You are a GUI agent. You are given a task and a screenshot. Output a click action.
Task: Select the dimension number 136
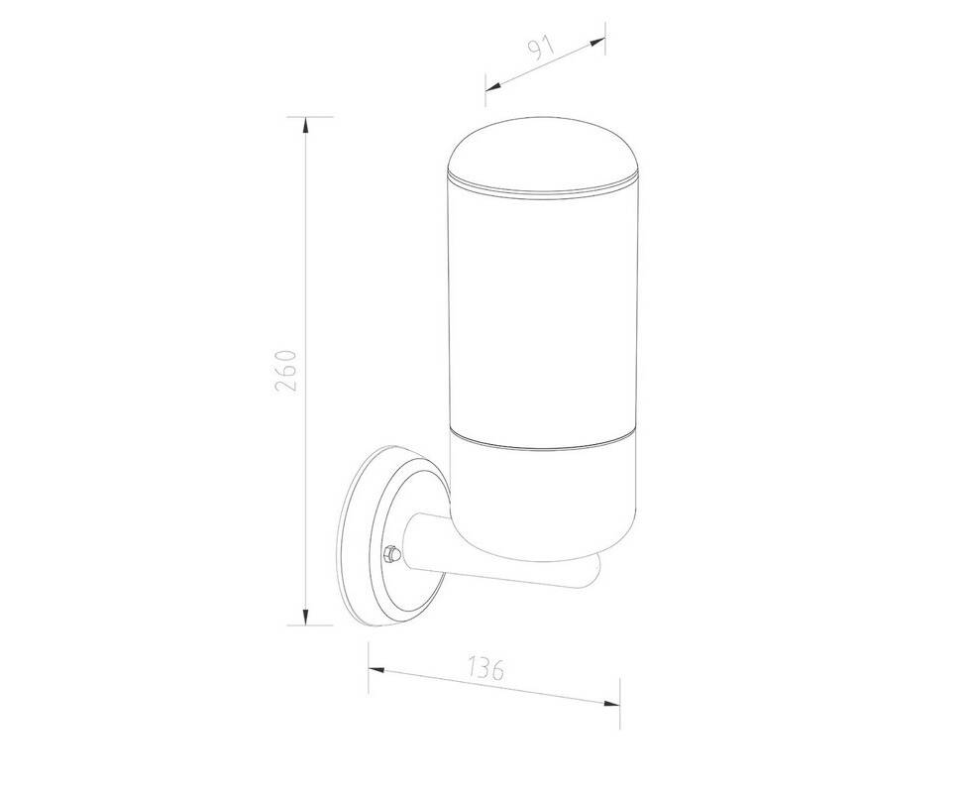[x=485, y=668]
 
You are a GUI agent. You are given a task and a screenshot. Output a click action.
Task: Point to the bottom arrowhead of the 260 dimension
[x=304, y=617]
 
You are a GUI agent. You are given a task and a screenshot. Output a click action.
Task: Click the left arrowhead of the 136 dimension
[x=377, y=669]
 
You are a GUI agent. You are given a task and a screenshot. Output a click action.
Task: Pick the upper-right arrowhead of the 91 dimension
[x=597, y=42]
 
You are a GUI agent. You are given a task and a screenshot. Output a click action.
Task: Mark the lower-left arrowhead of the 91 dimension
[x=493, y=86]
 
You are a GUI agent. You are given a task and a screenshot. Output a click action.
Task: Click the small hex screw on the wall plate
[x=391, y=554]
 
